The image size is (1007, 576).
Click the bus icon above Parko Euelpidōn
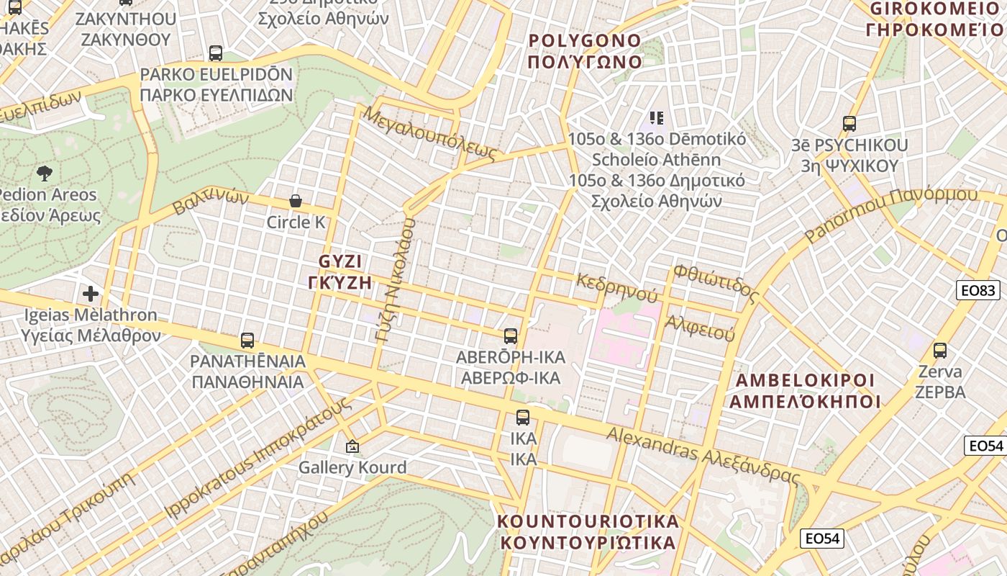point(216,53)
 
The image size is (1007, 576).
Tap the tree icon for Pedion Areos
point(45,173)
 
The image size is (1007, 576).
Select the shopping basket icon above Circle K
point(295,201)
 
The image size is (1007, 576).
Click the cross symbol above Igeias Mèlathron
point(91,294)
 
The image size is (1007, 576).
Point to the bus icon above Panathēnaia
point(247,340)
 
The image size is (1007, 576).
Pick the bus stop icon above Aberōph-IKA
point(511,336)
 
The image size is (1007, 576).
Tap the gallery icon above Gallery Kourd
point(352,446)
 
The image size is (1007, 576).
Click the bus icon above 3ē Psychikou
point(849,124)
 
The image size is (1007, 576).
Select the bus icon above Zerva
point(940,351)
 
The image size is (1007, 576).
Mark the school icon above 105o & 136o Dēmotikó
point(656,117)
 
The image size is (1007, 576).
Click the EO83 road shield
point(978,290)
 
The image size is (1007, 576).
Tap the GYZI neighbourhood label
point(340,271)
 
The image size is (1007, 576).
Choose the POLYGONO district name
point(585,50)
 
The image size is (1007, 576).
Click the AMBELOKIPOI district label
point(805,390)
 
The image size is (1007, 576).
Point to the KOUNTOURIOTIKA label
point(588,531)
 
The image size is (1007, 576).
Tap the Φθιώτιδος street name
point(716,283)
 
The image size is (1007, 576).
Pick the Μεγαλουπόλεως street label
point(430,133)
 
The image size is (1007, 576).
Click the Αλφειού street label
point(699,328)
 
